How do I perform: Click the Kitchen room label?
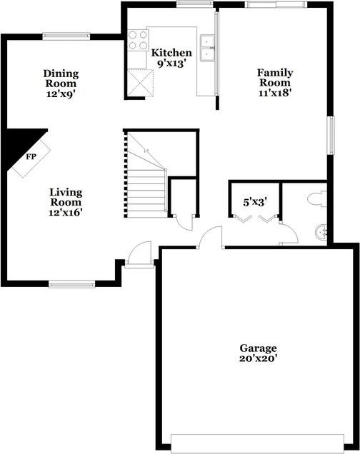tap(171, 53)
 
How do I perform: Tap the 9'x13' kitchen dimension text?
tap(171, 63)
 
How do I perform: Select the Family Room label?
tap(275, 76)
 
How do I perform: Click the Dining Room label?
tap(61, 78)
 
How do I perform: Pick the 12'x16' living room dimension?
tap(66, 211)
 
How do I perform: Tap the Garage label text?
tap(258, 348)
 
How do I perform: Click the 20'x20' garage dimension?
tap(258, 358)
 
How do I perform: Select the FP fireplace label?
tap(31, 156)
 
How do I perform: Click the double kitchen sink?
tap(208, 47)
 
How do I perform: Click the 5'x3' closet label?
tap(254, 202)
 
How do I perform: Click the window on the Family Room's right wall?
tap(331, 134)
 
